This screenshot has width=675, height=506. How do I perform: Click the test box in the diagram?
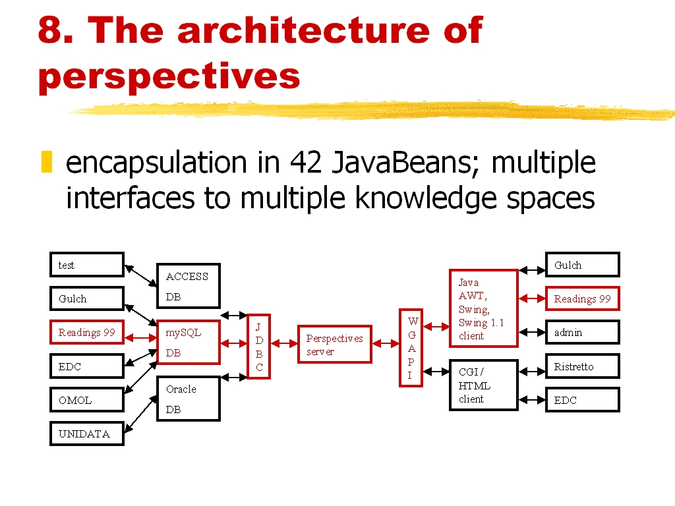point(87,265)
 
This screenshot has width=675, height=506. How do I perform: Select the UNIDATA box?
point(87,434)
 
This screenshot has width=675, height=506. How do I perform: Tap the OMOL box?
point(87,400)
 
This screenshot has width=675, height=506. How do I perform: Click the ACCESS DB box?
point(189,286)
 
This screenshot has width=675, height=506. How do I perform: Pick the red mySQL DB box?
point(189,342)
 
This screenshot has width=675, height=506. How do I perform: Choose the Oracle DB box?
point(189,399)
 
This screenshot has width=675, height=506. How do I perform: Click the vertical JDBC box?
point(259,347)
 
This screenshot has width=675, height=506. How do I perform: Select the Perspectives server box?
point(335,344)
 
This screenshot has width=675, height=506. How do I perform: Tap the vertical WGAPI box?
point(411,348)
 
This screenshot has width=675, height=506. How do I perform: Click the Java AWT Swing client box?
point(484,308)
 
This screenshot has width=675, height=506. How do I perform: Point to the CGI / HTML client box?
point(484,385)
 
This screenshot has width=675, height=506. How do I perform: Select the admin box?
point(583,332)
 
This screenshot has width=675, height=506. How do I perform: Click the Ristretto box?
point(583,366)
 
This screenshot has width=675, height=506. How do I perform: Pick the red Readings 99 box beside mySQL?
point(87,332)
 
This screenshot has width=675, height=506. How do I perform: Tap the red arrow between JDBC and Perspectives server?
point(284,343)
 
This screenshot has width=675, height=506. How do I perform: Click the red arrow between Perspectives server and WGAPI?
point(386,343)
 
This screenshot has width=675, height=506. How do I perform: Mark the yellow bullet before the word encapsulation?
point(47,162)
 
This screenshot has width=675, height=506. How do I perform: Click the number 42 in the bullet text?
point(306,163)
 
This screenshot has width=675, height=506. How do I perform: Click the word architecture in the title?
point(303,30)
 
